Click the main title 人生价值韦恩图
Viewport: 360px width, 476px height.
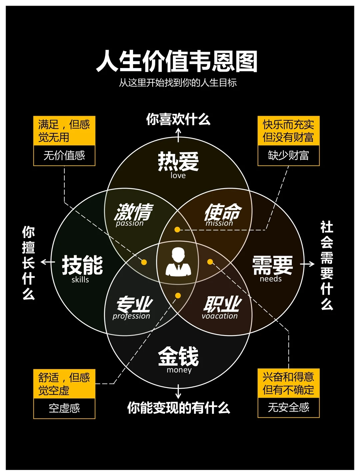pos(177,61)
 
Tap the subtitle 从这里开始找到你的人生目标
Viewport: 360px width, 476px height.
pos(178,83)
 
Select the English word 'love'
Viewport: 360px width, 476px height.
pos(178,175)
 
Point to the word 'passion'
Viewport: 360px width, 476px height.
pos(130,223)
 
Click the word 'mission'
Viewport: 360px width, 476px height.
pos(219,223)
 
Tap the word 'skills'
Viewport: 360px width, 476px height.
pos(80,280)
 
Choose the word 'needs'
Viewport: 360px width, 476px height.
pos(271,279)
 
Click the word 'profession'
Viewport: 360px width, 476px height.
pos(131,316)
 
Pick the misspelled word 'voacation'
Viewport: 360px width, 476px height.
pos(220,316)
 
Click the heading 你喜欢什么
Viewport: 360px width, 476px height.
pos(178,119)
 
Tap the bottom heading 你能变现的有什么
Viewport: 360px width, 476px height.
pos(178,408)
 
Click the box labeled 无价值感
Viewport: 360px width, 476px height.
pos(64,155)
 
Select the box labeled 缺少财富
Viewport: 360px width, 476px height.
pos(289,155)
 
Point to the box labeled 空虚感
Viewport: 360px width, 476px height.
pos(64,408)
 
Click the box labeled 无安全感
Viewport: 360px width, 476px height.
pos(289,407)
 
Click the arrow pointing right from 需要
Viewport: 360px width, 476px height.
pos(308,264)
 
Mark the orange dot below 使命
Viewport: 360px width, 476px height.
pos(177,230)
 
